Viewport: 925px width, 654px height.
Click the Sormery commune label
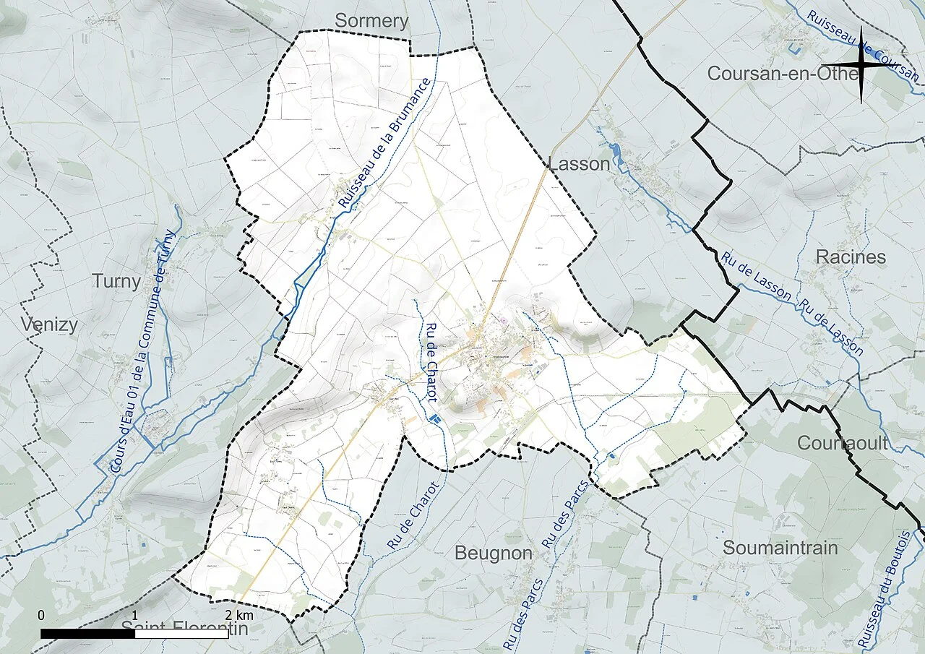(371, 21)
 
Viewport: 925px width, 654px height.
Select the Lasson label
(580, 164)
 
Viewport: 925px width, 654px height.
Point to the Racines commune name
(851, 257)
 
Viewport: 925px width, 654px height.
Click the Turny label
(116, 281)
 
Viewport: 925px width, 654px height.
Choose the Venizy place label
(48, 324)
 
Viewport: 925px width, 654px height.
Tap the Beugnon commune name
(494, 554)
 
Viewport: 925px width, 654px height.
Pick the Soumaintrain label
(780, 548)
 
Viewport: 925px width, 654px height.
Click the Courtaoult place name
(843, 443)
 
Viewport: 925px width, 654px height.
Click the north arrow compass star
(862, 65)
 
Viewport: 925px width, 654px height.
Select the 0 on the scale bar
(41, 615)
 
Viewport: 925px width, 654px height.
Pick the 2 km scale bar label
(238, 615)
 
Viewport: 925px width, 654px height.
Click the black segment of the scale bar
(87, 634)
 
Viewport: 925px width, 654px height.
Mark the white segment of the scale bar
(181, 634)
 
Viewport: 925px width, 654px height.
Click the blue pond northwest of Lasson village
(615, 151)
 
